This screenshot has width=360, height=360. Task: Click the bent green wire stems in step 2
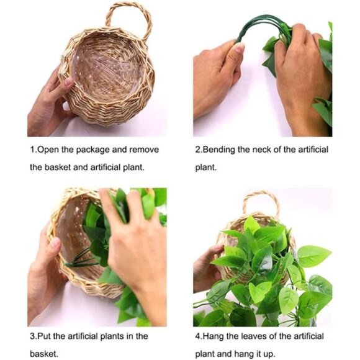pos(261,28)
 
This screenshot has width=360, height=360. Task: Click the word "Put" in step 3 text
pos(49,336)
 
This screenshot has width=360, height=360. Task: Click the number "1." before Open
pos(34,150)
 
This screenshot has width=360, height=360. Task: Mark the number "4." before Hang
pos(199,336)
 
